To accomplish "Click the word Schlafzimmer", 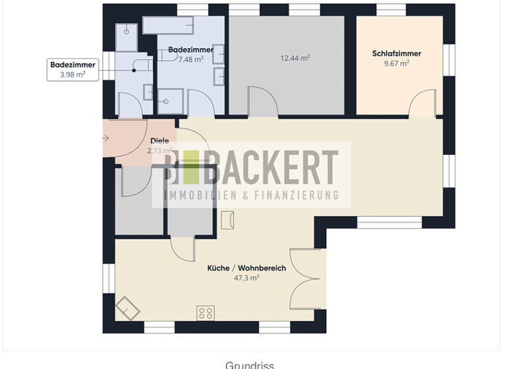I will click(396, 53).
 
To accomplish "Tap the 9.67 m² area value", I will click(396, 63).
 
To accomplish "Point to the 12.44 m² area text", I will click(295, 58).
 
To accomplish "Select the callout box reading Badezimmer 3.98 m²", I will click(73, 69).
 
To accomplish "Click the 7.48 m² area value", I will click(191, 59).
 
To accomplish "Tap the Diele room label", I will click(159, 140).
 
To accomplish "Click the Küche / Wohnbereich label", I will click(246, 268).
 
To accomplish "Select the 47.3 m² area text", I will click(246, 278).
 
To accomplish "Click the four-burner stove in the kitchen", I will click(206, 313).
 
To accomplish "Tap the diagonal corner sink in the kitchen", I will click(127, 308).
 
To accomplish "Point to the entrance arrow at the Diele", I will click(106, 138).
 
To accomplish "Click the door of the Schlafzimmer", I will click(422, 105).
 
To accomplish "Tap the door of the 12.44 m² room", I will click(262, 103).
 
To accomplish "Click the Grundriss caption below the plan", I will click(249, 364).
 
